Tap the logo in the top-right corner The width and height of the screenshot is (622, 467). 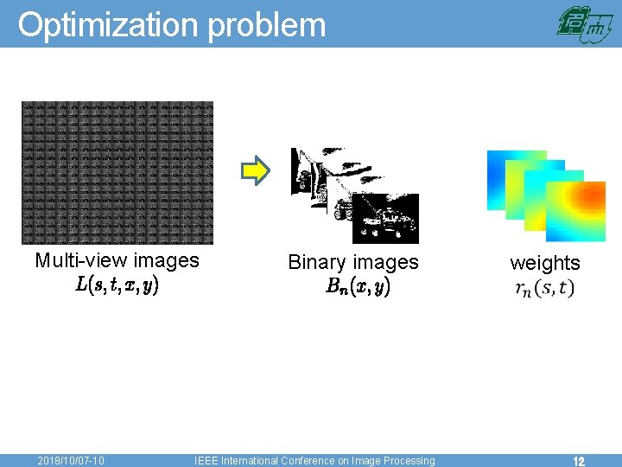[584, 24]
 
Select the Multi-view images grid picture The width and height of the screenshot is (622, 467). [117, 173]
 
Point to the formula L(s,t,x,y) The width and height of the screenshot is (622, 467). [117, 284]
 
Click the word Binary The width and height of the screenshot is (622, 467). [317, 262]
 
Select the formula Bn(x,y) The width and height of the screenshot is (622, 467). [358, 287]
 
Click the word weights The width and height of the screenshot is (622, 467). [545, 263]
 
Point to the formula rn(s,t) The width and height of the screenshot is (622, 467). [544, 288]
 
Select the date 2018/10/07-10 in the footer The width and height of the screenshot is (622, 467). [72, 461]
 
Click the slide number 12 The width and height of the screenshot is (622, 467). [579, 461]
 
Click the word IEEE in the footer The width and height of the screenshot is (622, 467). [206, 461]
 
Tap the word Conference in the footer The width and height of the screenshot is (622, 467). [317, 461]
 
